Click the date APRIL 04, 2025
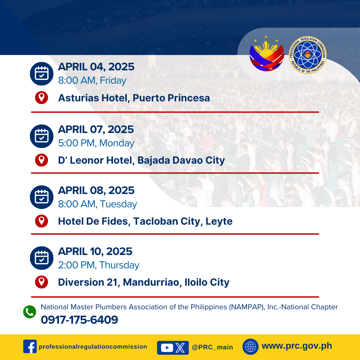(x=96, y=67)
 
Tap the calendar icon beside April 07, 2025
(x=42, y=136)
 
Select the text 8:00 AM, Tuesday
(x=97, y=204)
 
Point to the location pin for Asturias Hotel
(x=42, y=98)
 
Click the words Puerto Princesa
(x=171, y=98)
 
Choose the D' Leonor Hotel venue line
(x=141, y=160)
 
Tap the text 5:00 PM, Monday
(x=96, y=143)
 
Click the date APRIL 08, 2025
(x=96, y=190)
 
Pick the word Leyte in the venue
(x=219, y=222)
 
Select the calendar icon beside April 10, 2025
(x=42, y=258)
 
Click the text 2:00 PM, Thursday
(x=99, y=265)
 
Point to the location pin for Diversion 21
(x=42, y=282)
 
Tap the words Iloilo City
(x=207, y=282)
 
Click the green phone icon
(x=30, y=312)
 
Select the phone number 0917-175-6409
(x=79, y=320)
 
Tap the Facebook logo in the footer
(x=30, y=346)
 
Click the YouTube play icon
(x=167, y=348)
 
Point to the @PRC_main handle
(x=212, y=347)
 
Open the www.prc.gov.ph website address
(x=297, y=346)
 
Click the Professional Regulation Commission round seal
(x=307, y=55)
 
